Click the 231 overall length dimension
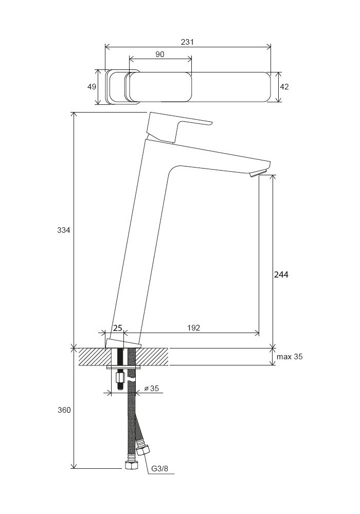187,42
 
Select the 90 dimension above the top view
159,54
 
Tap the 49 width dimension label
92,86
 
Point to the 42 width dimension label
284,86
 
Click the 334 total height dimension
64,230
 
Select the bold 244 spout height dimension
281,274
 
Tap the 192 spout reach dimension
193,327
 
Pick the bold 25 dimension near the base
118,328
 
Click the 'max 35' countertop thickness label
290,357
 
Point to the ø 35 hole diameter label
152,389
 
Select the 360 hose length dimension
64,410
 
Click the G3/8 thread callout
159,469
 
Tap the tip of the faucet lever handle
211,123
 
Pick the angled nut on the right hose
143,450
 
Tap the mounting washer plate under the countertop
124,367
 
